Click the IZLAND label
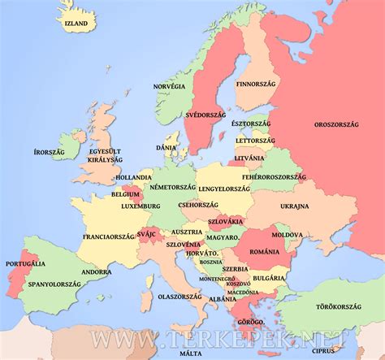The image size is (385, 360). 76,24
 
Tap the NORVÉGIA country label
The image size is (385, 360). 170,85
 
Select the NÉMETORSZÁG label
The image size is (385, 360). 173,187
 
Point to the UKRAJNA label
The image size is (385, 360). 294,206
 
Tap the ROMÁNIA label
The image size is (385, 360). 264,252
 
